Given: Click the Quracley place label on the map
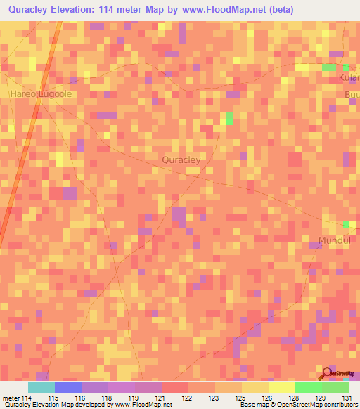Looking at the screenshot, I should coord(181,160).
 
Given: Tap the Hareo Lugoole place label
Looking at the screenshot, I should coord(41,93).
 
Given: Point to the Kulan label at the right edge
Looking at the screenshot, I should coord(350,78).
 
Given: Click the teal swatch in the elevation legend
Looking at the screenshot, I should coord(41,387).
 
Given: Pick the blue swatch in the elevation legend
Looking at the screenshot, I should coord(68,387).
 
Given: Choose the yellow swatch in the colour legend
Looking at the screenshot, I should coord(282,387).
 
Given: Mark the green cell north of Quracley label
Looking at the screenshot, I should coord(229,117).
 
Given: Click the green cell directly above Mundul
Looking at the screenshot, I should coord(346,224).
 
